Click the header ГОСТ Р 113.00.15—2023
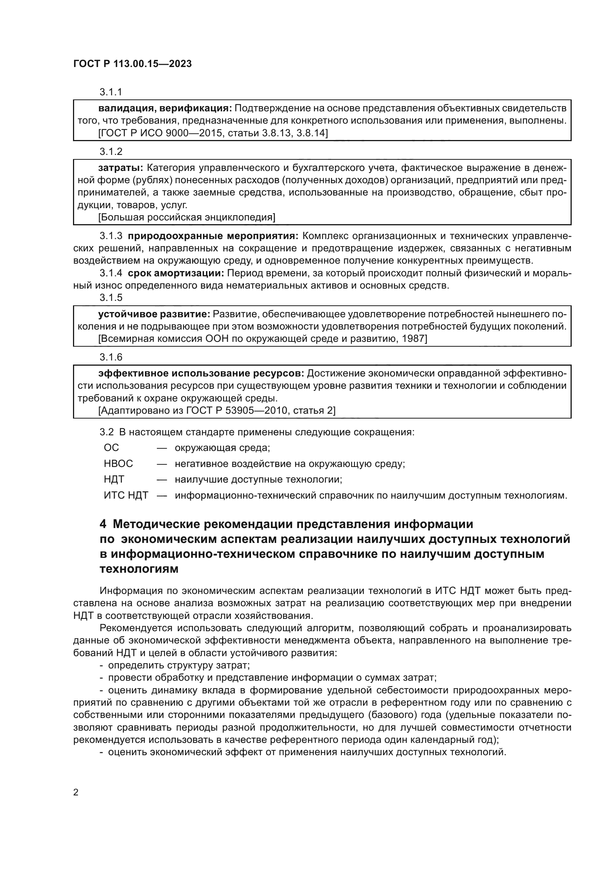132,64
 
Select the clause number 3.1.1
111,92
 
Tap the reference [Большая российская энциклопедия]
187,217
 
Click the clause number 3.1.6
111,357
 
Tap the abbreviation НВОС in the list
118,464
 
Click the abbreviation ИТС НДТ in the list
126,495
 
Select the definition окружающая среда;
222,448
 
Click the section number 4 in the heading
103,524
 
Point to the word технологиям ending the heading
139,569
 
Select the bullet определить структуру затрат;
179,665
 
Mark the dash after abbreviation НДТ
162,480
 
